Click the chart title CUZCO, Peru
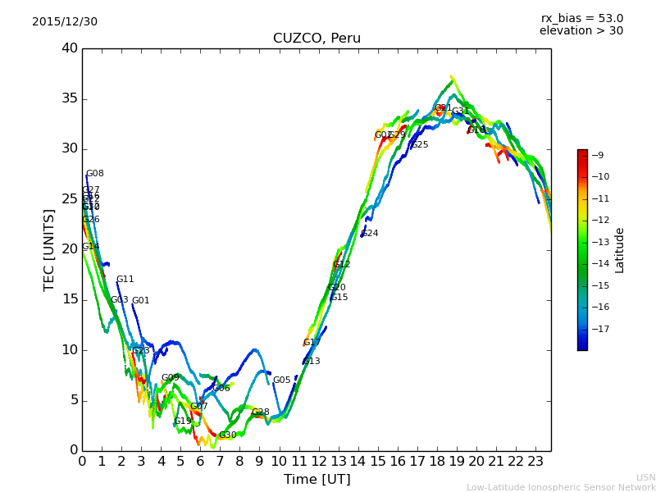point(317,39)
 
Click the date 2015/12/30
point(65,22)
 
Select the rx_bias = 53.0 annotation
point(581,19)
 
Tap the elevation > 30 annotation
point(581,31)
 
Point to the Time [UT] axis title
point(317,480)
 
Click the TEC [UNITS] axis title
point(49,249)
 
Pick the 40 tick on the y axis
point(70,48)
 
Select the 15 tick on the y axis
point(70,299)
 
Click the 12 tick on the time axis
point(318,462)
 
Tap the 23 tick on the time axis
point(535,462)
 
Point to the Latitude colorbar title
point(620,249)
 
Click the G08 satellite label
point(95,174)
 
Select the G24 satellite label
point(370,234)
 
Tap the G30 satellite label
point(227,435)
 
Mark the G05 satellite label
point(281,380)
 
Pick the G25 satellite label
point(420,145)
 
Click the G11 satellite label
point(125,280)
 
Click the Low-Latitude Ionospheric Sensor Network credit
point(561,488)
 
